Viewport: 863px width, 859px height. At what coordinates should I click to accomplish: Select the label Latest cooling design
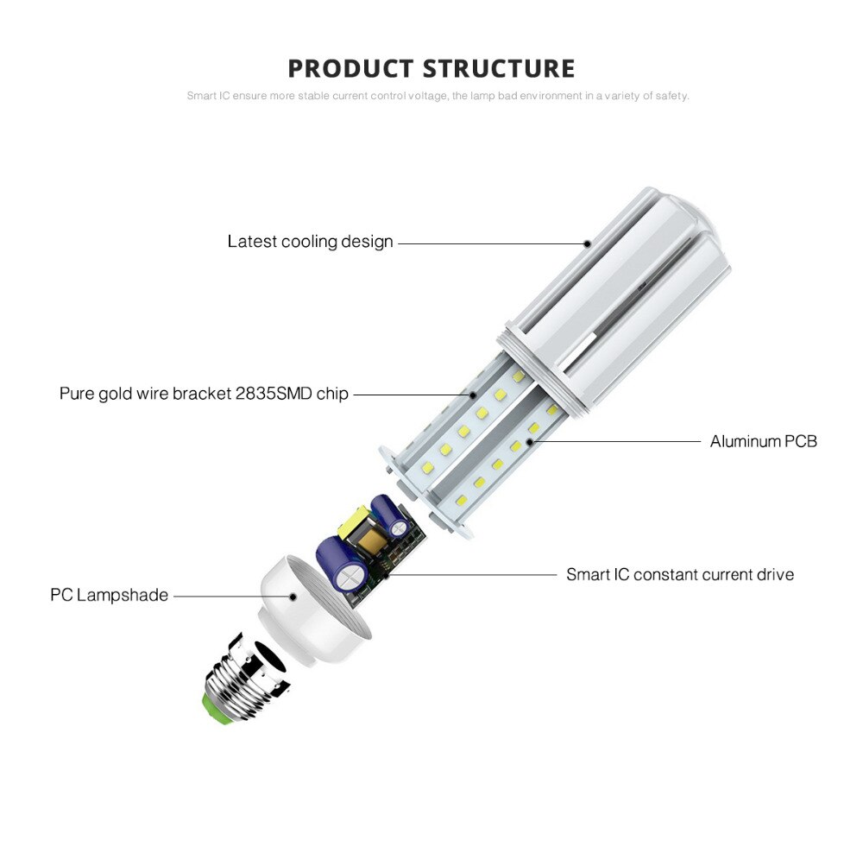point(310,242)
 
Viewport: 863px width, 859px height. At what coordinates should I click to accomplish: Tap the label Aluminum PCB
point(763,441)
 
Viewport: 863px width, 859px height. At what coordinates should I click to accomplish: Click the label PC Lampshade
point(109,595)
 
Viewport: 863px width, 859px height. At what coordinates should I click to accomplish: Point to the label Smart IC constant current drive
point(680,574)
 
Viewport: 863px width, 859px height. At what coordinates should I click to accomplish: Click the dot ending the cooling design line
point(587,243)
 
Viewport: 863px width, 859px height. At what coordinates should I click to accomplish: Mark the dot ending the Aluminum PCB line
point(530,441)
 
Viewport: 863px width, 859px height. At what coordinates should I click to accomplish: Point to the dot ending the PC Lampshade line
point(293,595)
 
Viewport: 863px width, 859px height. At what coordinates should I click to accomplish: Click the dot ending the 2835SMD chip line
point(474,395)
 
